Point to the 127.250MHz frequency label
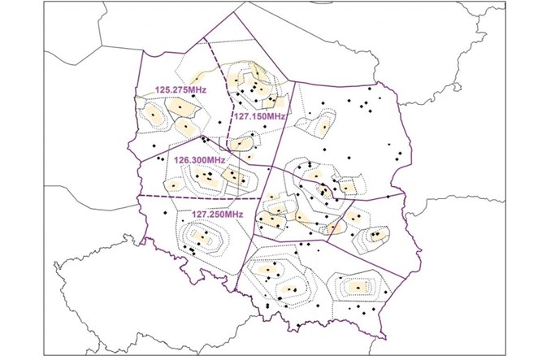pos(217,214)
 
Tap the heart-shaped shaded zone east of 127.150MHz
pos(323,127)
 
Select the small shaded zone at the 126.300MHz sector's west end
pos(173,185)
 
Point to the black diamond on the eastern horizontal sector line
pos(388,197)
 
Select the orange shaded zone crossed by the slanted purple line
pos(332,227)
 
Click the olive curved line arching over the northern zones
pos(252,65)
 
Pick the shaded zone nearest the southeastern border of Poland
pos(376,236)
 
